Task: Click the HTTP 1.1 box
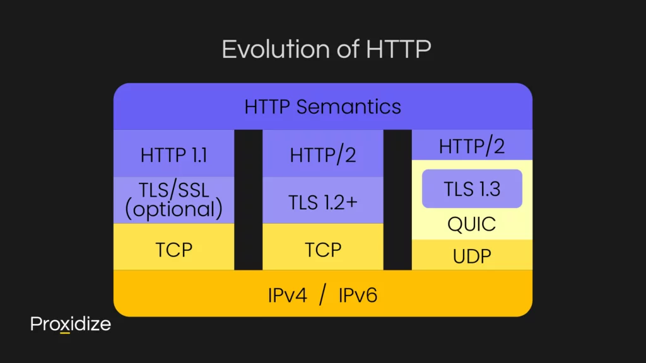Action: point(173,155)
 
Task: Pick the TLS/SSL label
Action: point(173,190)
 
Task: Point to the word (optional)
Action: point(173,210)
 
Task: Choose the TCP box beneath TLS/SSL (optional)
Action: point(173,250)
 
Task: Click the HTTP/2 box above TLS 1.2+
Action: point(322,155)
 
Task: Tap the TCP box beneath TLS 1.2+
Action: point(322,250)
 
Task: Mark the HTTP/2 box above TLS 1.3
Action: point(472,146)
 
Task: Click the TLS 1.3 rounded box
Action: point(472,188)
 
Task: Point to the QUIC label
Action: point(472,224)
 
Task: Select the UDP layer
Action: point(472,256)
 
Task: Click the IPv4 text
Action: point(288,295)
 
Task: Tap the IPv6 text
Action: point(358,295)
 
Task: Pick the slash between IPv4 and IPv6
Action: point(323,295)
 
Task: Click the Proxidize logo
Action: point(70,324)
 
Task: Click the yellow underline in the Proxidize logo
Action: point(65,332)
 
